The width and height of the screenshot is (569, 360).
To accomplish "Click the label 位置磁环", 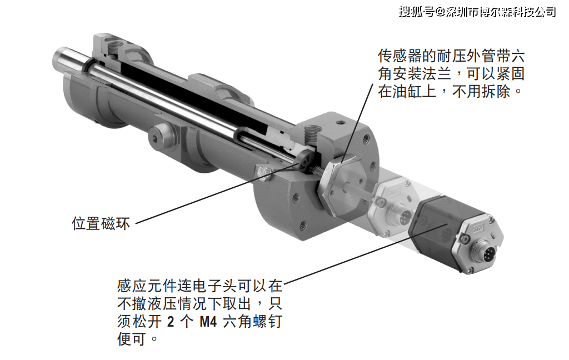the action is pos(101,223).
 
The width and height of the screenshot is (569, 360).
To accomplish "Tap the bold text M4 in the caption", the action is pos(208,322).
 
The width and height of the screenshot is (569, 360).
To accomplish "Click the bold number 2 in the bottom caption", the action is pos(170,322).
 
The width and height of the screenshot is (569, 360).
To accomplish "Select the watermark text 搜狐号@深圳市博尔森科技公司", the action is pos(477,12).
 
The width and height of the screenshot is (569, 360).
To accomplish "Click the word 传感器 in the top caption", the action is pos(400,56).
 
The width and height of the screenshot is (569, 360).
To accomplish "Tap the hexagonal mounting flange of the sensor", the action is pos(340,185).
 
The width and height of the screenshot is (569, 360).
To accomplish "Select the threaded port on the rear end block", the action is pos(312,135).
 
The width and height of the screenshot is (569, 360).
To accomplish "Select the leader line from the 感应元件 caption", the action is pos(366,253).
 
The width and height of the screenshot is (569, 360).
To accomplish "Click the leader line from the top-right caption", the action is pos(357,123).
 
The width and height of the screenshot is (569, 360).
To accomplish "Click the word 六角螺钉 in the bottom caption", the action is pos(253,322).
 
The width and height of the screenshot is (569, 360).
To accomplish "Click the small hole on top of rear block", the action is pos(340,122).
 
